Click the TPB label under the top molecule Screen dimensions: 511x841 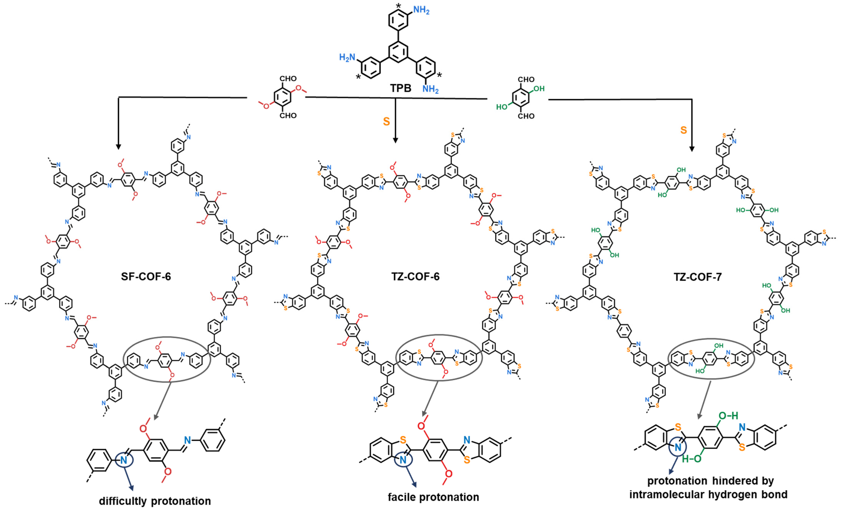(401, 88)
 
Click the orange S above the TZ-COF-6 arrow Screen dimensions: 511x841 (386, 122)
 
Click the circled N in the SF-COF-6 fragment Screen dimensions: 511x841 (124, 460)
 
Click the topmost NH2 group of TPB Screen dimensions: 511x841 (421, 10)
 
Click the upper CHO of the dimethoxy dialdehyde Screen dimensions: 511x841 (288, 79)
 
